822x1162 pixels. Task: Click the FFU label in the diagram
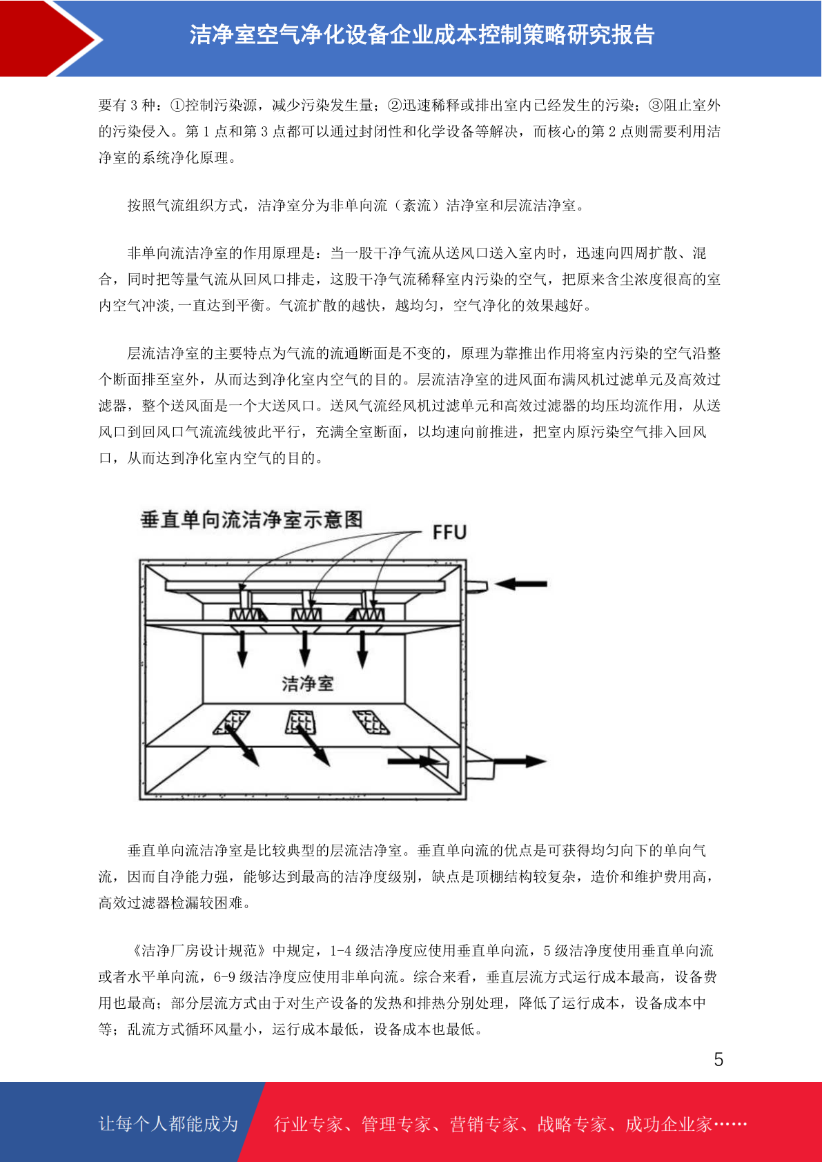449,532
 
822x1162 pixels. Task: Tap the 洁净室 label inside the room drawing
307,684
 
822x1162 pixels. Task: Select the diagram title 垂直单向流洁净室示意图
252,520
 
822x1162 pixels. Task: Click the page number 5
718,1059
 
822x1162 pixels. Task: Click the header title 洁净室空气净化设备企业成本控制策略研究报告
422,35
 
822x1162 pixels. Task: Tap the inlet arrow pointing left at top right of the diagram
520,584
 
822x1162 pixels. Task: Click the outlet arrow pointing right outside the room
519,762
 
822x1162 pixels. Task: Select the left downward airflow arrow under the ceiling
242,649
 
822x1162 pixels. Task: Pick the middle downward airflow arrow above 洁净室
305,649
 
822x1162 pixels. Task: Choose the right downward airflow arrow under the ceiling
363,649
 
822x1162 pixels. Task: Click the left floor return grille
231,722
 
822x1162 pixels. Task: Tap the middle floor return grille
300,722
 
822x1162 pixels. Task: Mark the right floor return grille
371,722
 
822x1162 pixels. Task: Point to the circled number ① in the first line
177,106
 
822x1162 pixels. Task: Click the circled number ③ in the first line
656,106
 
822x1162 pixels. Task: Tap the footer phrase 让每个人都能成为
168,1123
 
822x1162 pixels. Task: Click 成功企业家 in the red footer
668,1124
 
